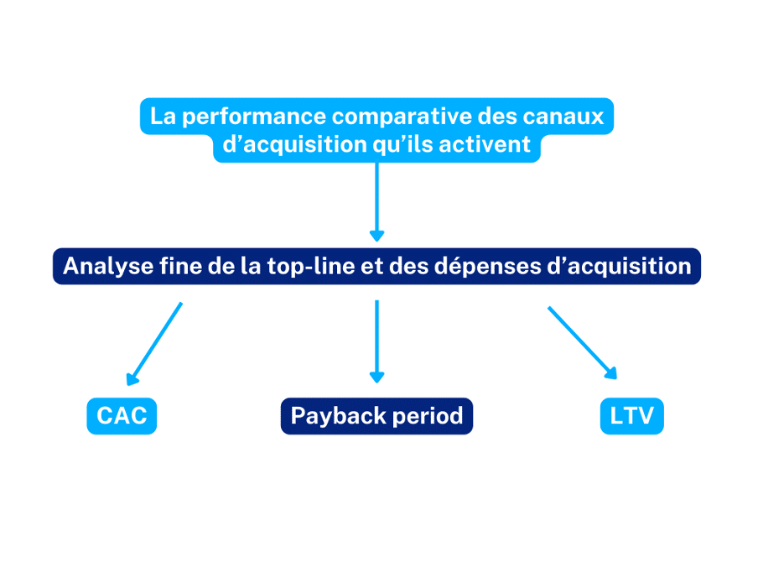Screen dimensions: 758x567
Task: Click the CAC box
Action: click(122, 416)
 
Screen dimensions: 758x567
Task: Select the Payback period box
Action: click(376, 416)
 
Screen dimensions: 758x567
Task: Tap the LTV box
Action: click(632, 416)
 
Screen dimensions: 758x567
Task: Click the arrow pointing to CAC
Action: click(154, 344)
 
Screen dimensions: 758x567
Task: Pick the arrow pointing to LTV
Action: click(583, 343)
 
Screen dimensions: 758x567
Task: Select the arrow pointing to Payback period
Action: click(376, 341)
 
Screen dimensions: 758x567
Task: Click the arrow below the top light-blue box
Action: click(376, 202)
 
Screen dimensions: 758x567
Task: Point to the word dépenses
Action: click(488, 267)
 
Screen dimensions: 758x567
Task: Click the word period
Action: click(428, 417)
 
